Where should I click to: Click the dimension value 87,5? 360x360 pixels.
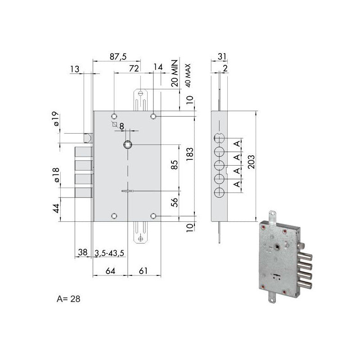(118, 56)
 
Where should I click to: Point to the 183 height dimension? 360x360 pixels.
(190, 155)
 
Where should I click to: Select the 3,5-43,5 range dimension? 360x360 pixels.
(109, 253)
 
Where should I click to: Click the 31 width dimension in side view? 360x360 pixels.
(221, 56)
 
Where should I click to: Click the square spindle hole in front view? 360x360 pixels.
(128, 144)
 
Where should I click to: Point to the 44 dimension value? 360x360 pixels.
(55, 209)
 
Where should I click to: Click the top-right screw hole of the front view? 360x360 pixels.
(154, 117)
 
